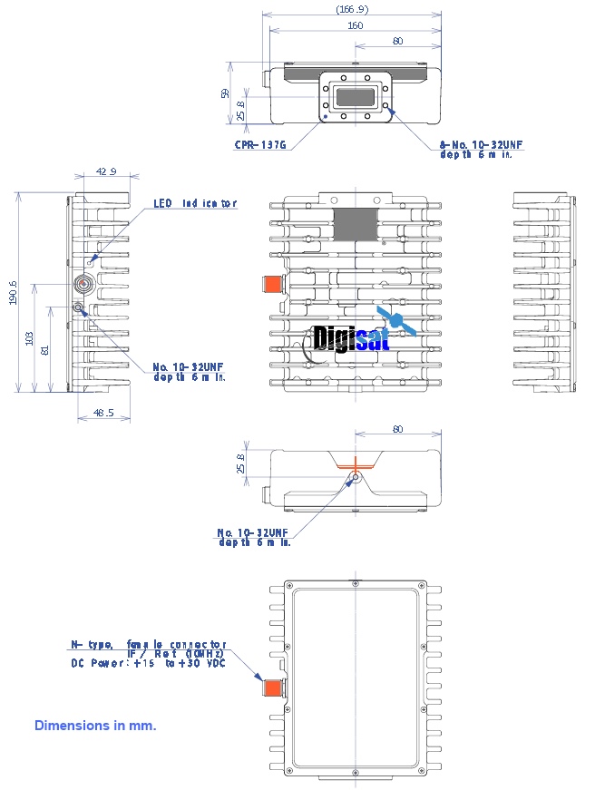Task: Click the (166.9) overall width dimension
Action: click(x=352, y=8)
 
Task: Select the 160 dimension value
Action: click(x=355, y=25)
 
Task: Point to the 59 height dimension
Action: click(x=225, y=93)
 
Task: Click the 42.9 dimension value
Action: click(x=106, y=171)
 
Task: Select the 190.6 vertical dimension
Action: click(x=14, y=292)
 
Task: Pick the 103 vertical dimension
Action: click(x=30, y=338)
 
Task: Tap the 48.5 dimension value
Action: click(x=103, y=414)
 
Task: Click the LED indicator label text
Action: click(x=194, y=203)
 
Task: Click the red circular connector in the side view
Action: click(x=84, y=285)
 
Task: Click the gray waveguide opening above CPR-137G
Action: click(x=356, y=97)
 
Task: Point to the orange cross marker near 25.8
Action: click(x=356, y=463)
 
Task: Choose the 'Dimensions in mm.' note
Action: click(x=95, y=726)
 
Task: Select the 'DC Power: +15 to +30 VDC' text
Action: click(x=148, y=663)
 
